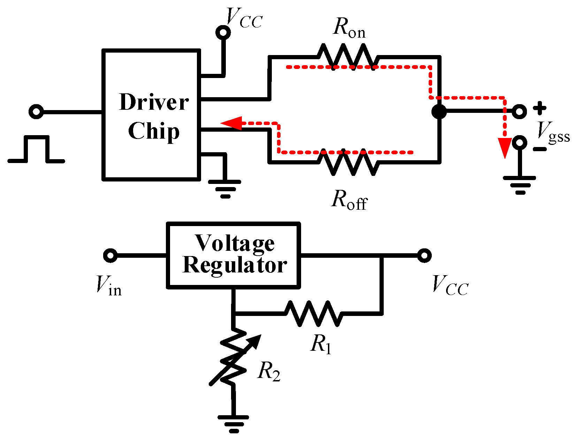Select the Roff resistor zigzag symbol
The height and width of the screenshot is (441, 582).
(347, 162)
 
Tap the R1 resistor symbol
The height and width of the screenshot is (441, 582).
(313, 314)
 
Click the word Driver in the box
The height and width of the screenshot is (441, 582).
(154, 102)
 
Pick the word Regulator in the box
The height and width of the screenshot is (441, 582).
(235, 265)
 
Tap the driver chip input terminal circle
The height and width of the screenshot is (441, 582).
(36, 112)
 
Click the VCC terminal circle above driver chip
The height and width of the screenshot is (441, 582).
(223, 33)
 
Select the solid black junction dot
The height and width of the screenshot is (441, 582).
(439, 111)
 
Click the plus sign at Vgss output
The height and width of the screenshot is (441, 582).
(540, 108)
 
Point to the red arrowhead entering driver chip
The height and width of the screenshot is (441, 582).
(231, 123)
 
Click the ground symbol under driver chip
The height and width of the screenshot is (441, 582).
(225, 188)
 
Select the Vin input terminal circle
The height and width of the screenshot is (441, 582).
(110, 255)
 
